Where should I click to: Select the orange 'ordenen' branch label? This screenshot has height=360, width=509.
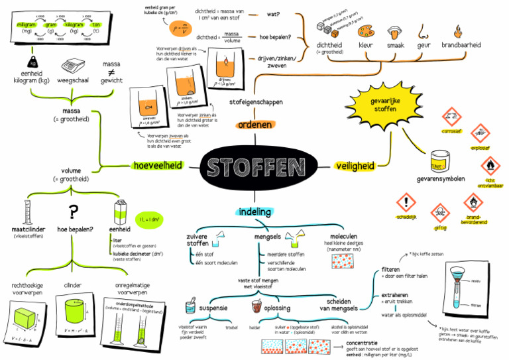[254, 124]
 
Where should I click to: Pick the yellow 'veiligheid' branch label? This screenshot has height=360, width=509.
[355, 166]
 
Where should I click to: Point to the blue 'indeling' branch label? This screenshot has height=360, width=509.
[254, 212]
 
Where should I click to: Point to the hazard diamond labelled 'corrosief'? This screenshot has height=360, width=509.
[451, 116]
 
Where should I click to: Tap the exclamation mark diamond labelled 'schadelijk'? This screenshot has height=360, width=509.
[404, 202]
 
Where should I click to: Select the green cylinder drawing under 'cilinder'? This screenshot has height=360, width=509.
[74, 312]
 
